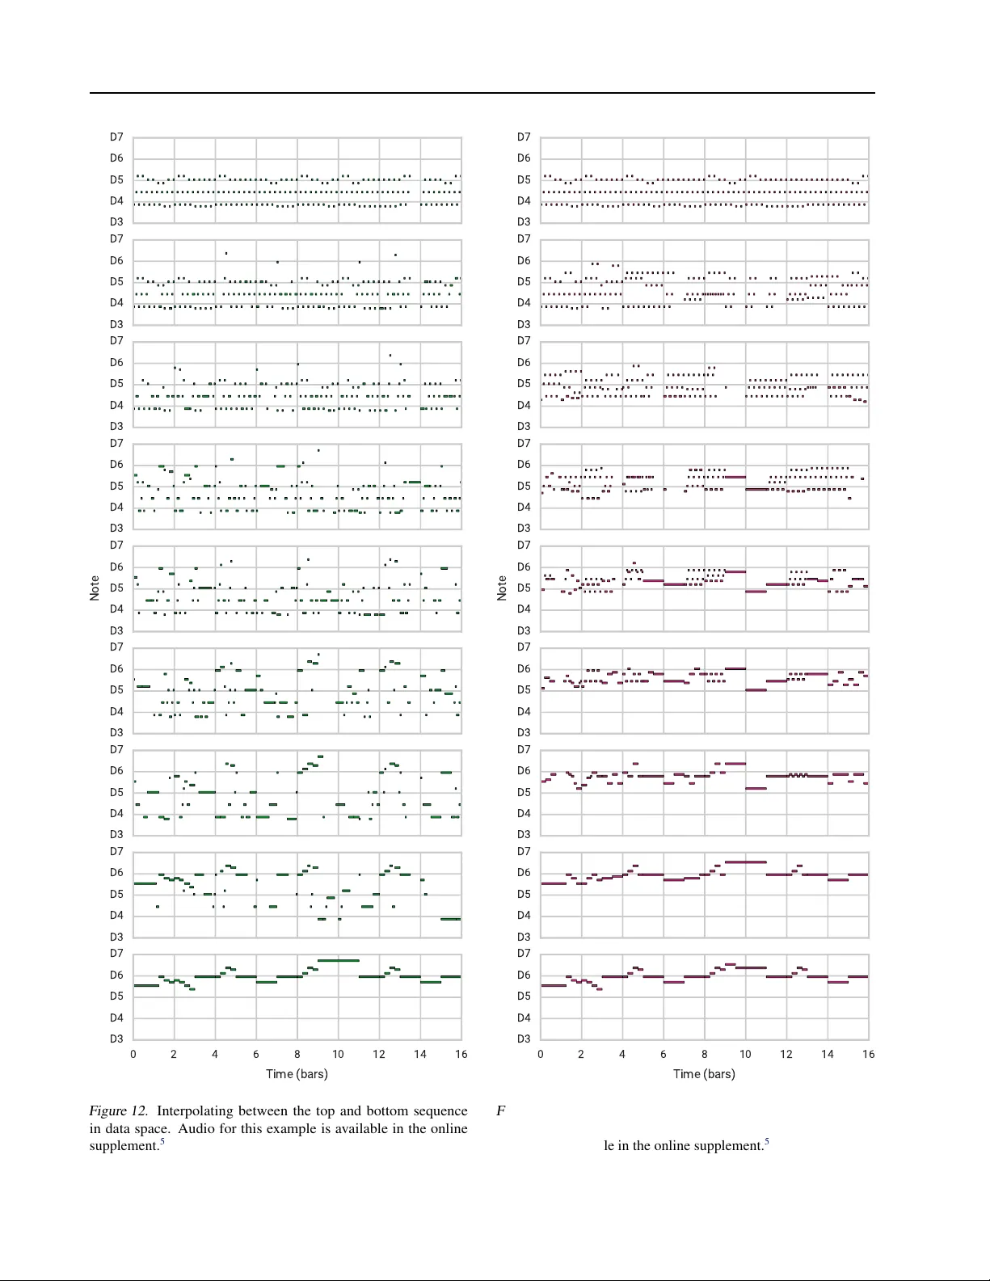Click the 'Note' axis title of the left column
95,588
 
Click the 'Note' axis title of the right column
502,588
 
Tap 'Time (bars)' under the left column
297,1074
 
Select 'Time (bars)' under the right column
704,1074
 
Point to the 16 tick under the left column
461,1054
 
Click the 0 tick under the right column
541,1054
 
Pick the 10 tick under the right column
745,1054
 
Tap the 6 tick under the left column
256,1054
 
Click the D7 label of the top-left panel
117,137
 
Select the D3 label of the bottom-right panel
524,1039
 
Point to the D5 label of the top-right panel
524,179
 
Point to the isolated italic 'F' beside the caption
500,1111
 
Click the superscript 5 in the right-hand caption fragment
766,1142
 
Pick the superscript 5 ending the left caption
162,1142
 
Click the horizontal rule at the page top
482,93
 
